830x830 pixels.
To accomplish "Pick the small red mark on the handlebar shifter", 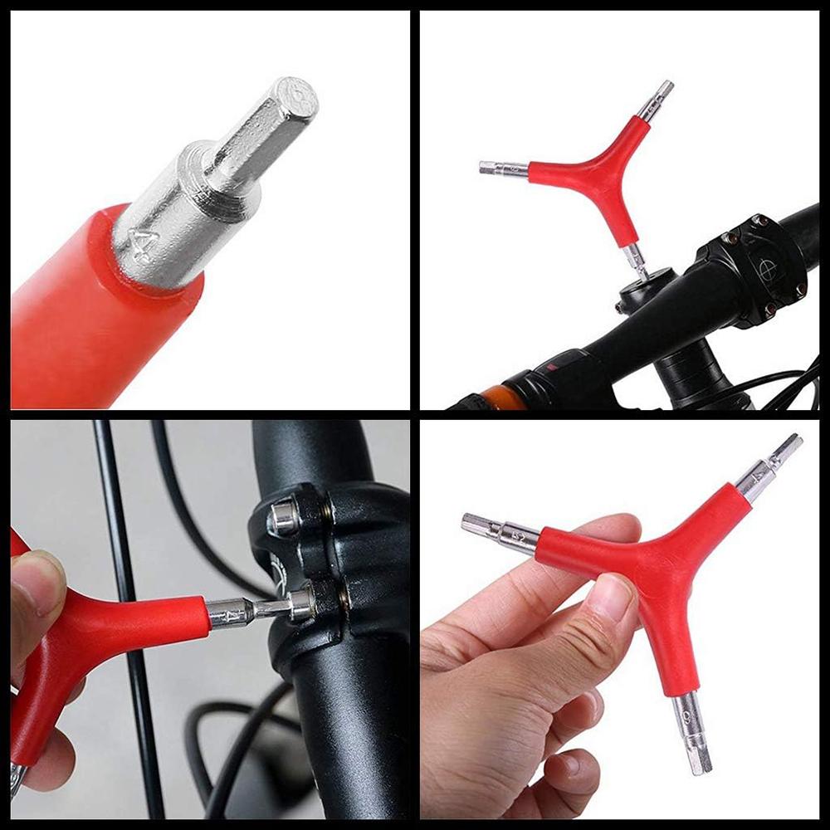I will coord(544,368).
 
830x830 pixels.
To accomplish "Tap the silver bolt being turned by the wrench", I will coord(300,603).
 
